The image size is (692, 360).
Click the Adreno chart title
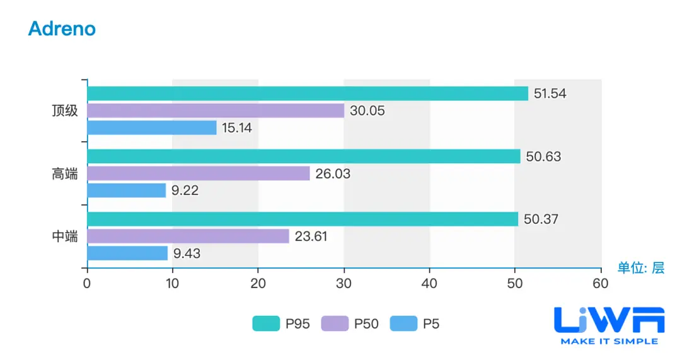pyautogui.click(x=62, y=29)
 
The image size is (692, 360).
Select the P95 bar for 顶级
pyautogui.click(x=307, y=94)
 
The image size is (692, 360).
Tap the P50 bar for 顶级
pyautogui.click(x=216, y=111)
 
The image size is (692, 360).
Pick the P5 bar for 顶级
pyautogui.click(x=151, y=128)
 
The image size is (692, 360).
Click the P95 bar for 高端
pyautogui.click(x=303, y=156)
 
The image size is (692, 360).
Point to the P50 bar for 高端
pyautogui.click(x=198, y=173)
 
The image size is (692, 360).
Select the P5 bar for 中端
pyautogui.click(x=127, y=253)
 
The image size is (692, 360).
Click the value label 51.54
pyautogui.click(x=550, y=94)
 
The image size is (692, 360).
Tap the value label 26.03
pyautogui.click(x=333, y=173)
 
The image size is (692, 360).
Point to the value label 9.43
pyautogui.click(x=187, y=253)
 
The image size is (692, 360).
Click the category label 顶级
pyautogui.click(x=65, y=111)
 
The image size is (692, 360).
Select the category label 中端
pyautogui.click(x=65, y=236)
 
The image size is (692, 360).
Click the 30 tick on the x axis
pyautogui.click(x=343, y=284)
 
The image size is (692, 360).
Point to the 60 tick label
pyautogui.click(x=601, y=284)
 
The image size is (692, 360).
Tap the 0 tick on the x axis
pyautogui.click(x=87, y=284)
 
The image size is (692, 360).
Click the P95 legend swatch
pyautogui.click(x=266, y=324)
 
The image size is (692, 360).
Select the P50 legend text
pyautogui.click(x=366, y=324)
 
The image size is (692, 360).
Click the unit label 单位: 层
pyautogui.click(x=640, y=268)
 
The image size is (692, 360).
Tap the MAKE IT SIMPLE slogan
pyautogui.click(x=609, y=341)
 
